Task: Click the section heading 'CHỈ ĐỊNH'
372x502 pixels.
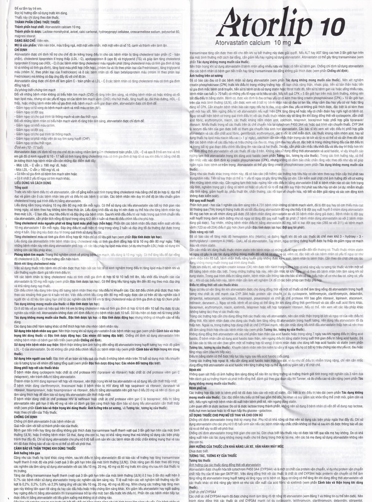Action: click(x=21, y=49)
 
